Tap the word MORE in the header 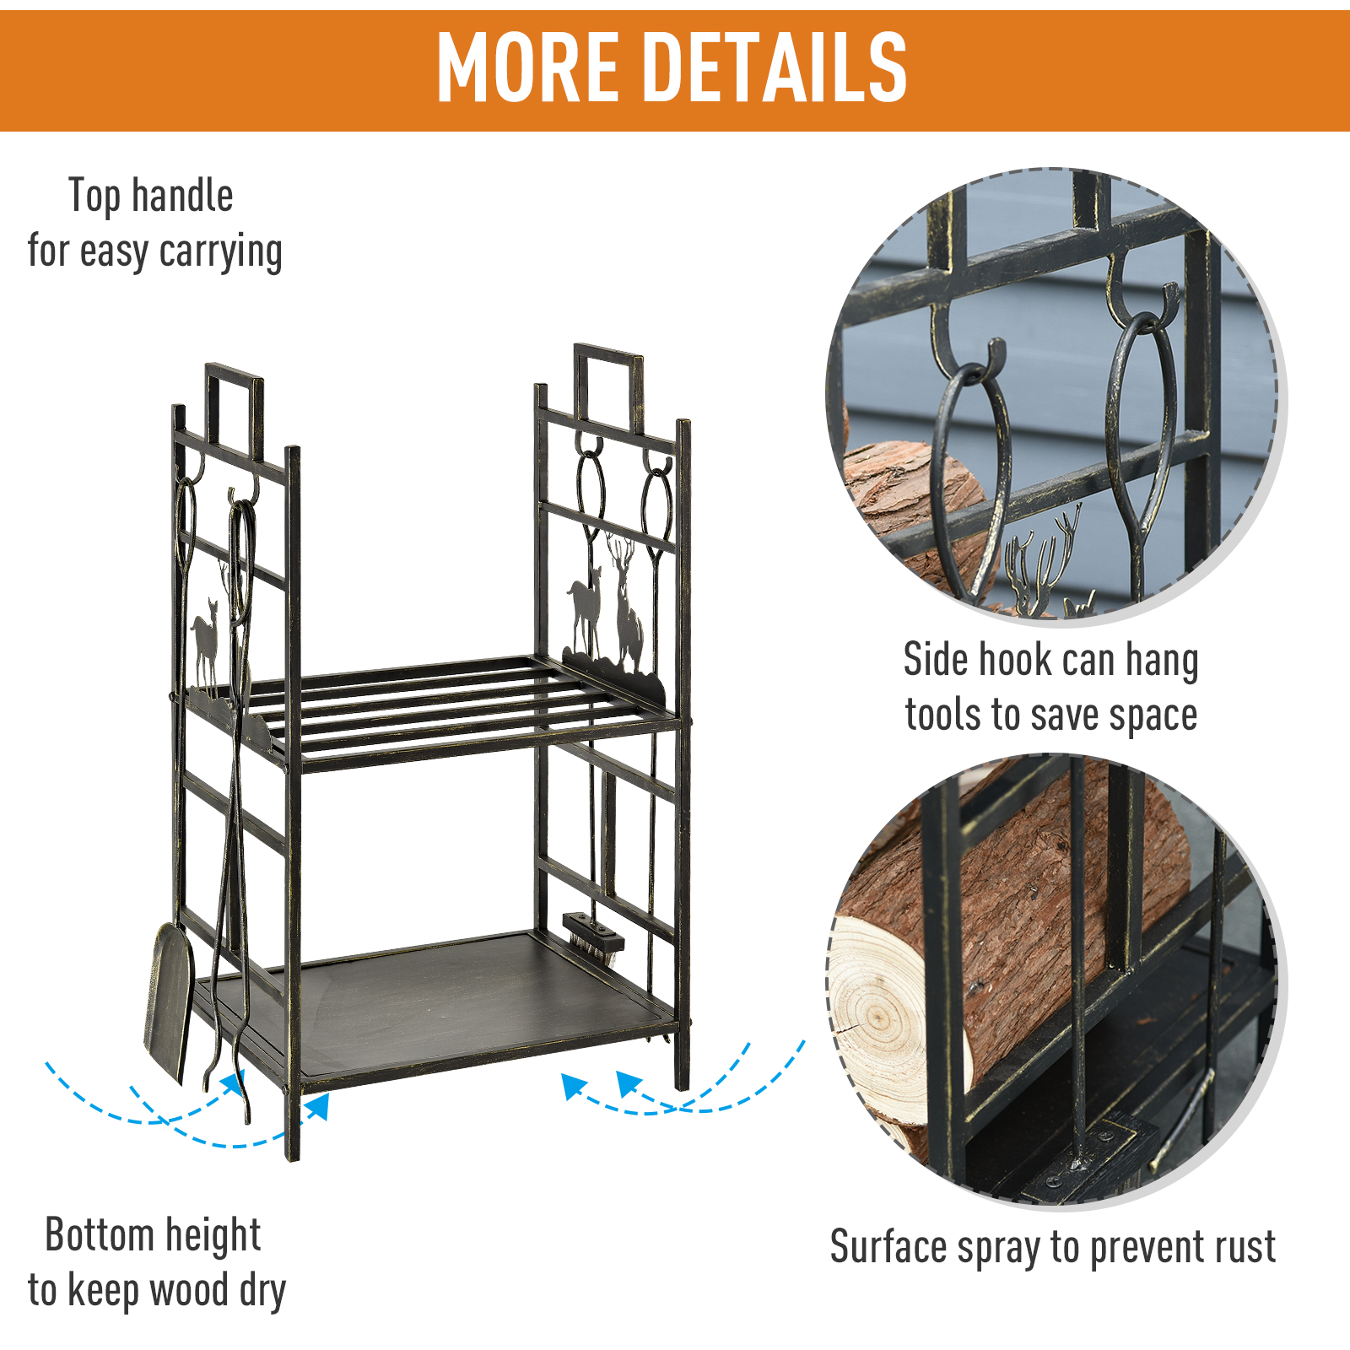pyautogui.click(x=527, y=67)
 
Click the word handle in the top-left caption pyautogui.click(x=181, y=196)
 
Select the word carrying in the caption pyautogui.click(x=221, y=252)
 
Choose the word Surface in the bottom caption pyautogui.click(x=888, y=1247)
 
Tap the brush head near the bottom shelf pyautogui.click(x=593, y=934)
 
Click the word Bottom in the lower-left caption pyautogui.click(x=100, y=1236)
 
